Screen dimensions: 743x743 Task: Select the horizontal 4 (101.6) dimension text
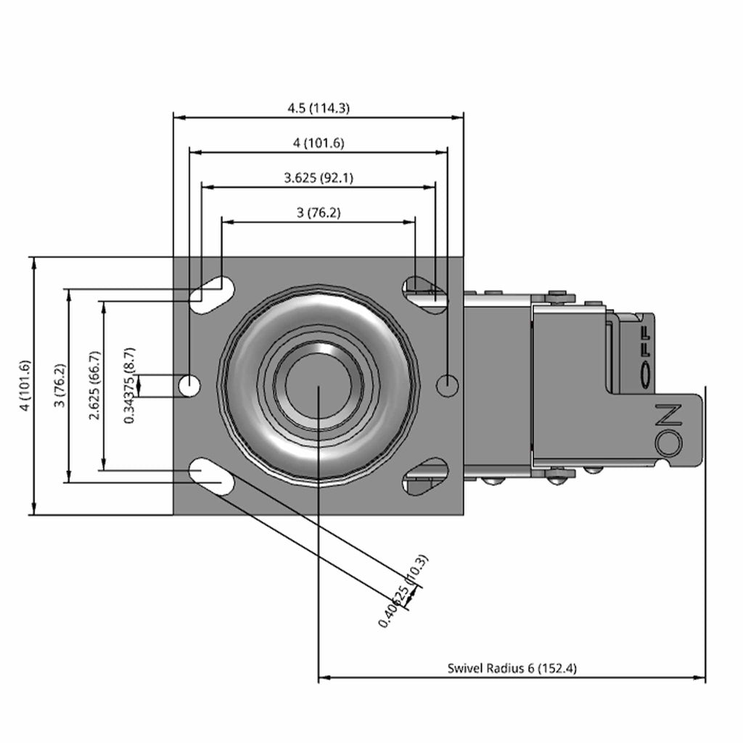pyautogui.click(x=319, y=143)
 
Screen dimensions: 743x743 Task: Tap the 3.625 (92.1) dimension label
pyautogui.click(x=319, y=177)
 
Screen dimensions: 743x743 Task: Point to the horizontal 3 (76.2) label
pyautogui.click(x=319, y=213)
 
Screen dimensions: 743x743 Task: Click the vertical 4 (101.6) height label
pyautogui.click(x=25, y=385)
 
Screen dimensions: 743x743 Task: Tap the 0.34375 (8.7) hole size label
pyautogui.click(x=129, y=385)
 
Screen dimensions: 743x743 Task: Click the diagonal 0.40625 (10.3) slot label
pyautogui.click(x=403, y=592)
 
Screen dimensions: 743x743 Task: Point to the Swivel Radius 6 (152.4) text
pyautogui.click(x=512, y=668)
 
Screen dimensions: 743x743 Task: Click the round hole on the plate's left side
pyautogui.click(x=189, y=386)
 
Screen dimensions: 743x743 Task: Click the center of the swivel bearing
pyautogui.click(x=319, y=386)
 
